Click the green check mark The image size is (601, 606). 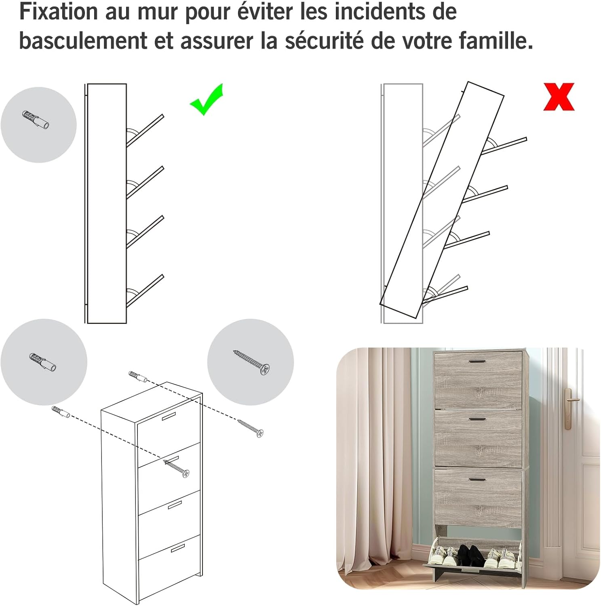[206, 99]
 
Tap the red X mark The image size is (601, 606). [559, 97]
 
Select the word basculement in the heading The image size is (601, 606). [83, 40]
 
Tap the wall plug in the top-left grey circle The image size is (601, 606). [36, 119]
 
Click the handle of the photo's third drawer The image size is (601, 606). [478, 480]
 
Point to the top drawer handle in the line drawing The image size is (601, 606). [169, 417]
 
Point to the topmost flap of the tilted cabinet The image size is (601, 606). [504, 146]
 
